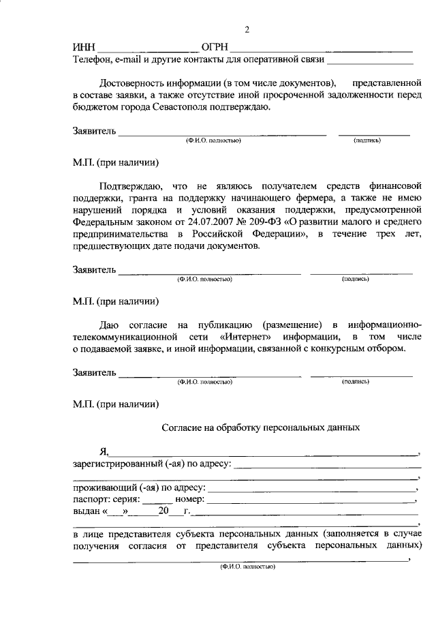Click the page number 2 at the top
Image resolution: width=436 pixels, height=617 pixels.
(x=247, y=30)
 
